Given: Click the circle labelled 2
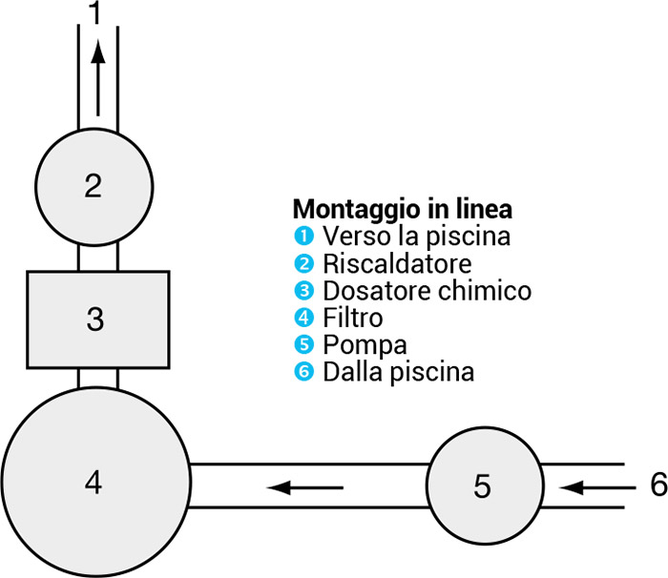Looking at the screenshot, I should pyautogui.click(x=94, y=185).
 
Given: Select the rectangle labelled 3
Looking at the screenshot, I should pyautogui.click(x=97, y=319).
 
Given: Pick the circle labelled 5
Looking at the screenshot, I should pyautogui.click(x=483, y=486).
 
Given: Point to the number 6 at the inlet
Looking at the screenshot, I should pyautogui.click(x=658, y=485).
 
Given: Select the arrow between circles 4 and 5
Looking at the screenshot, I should pyautogui.click(x=304, y=487).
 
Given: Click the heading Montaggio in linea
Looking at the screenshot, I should pyautogui.click(x=402, y=208).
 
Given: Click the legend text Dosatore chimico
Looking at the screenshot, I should pyautogui.click(x=427, y=290).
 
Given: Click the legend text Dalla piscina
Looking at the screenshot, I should pyautogui.click(x=398, y=371).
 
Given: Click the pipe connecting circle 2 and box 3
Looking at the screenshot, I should pyautogui.click(x=97, y=257).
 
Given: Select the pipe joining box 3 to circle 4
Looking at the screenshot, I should pyautogui.click(x=97, y=378).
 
